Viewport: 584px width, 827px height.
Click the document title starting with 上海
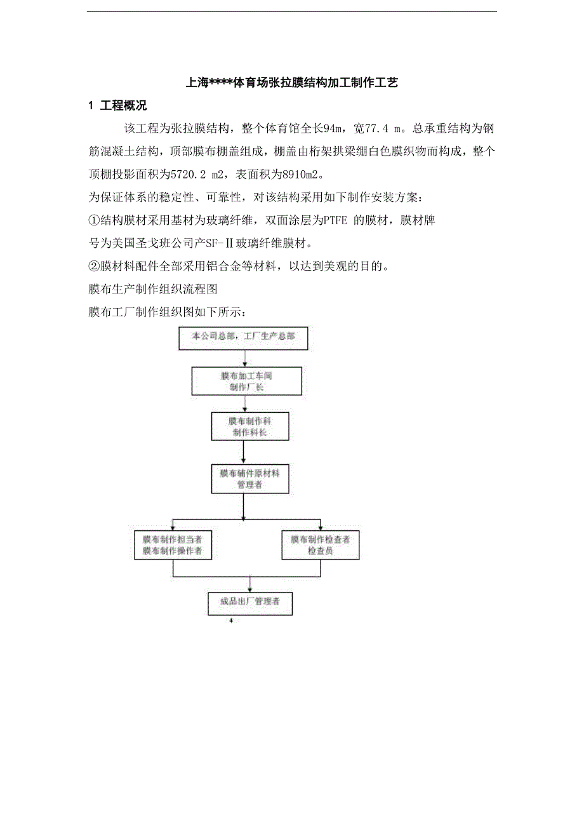pyautogui.click(x=291, y=83)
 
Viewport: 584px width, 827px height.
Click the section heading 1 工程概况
pyautogui.click(x=117, y=106)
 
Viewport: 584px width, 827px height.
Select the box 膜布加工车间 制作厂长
pyautogui.click(x=246, y=381)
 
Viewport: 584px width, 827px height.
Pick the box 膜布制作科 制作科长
pyautogui.click(x=249, y=426)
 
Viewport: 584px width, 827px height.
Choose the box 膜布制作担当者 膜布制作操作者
pyautogui.click(x=173, y=545)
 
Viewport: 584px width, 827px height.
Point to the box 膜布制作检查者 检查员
pyautogui.click(x=320, y=545)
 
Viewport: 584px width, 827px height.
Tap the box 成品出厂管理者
pyautogui.click(x=250, y=602)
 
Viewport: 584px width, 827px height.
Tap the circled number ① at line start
pyautogui.click(x=94, y=221)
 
